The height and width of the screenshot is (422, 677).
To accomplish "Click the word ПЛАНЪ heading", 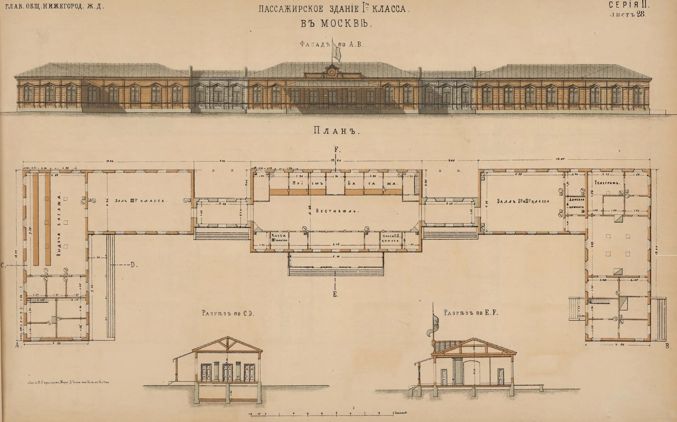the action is [336, 131].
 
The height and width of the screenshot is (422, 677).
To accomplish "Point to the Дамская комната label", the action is [576, 203].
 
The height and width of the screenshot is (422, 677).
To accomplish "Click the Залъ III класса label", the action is [140, 201].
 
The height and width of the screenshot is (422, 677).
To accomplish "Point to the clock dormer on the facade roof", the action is [332, 71].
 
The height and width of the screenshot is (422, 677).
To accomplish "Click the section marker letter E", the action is [335, 295].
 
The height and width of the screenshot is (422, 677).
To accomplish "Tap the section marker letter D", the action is [134, 265].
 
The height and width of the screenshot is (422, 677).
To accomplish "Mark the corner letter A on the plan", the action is [18, 346].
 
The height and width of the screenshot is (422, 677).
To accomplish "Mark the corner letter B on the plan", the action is [668, 346].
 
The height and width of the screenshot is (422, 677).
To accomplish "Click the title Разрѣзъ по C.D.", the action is [228, 314].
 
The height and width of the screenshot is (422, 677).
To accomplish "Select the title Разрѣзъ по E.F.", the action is [471, 313].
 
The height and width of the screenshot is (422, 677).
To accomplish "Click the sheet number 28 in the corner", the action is [640, 14].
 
